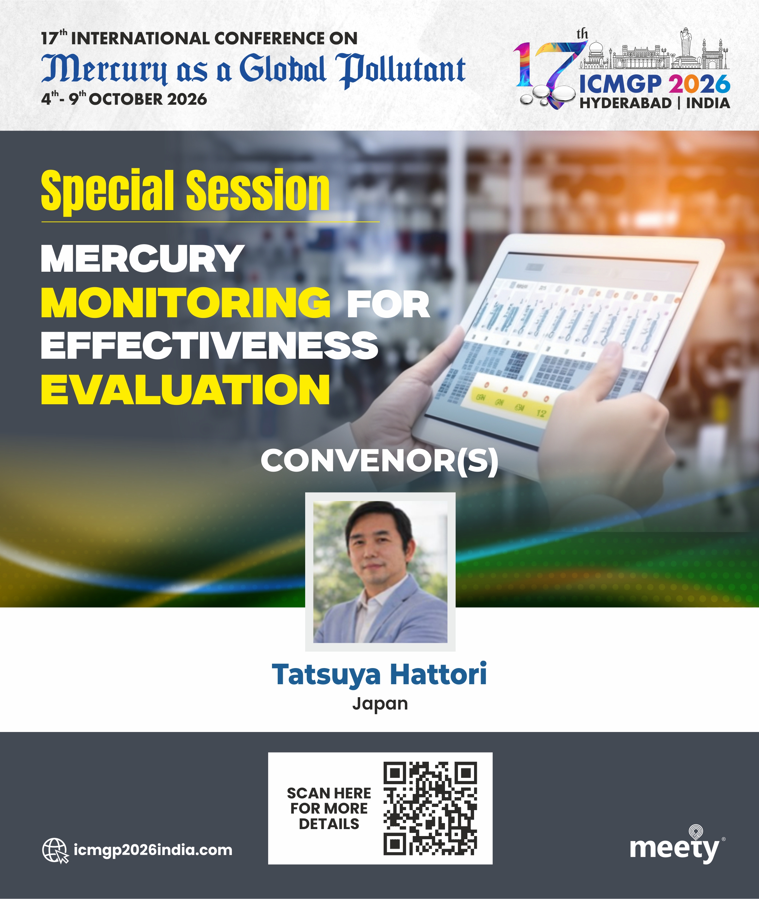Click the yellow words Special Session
coord(185,191)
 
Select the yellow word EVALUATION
coord(185,389)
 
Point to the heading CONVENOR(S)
coord(379,461)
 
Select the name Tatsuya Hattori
coord(379,674)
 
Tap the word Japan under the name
coord(380,704)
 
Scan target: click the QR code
coord(430,809)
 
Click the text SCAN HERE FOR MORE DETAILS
coord(329,808)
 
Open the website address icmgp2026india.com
coord(153,850)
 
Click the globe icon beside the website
coord(55,850)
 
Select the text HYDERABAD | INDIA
coord(654,103)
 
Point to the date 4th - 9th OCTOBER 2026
coord(124,99)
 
